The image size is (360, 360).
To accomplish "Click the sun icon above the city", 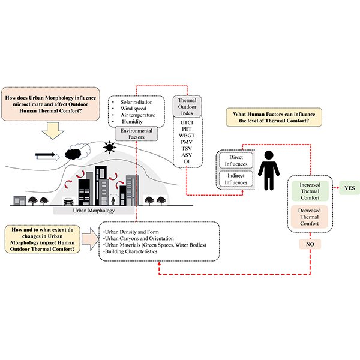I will [109, 146].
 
